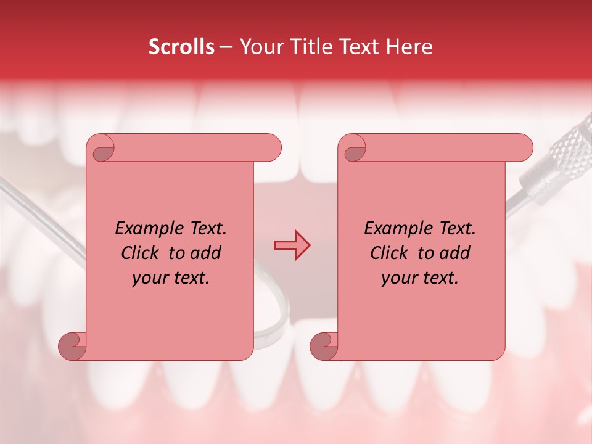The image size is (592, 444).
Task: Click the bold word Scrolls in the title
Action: coord(181,47)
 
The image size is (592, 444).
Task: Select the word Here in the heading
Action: coord(409,47)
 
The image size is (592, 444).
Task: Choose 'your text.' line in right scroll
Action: coord(420,278)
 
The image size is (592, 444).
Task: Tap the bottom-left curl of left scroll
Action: coord(73,345)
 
